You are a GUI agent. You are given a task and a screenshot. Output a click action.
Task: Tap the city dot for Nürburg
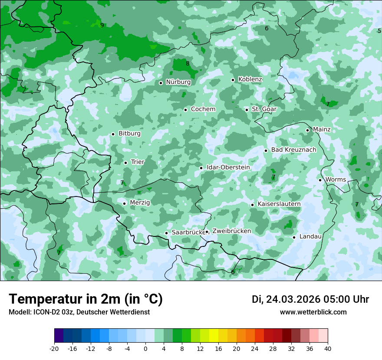pyautogui.click(x=161, y=83)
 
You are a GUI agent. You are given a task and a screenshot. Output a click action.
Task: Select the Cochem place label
pyautogui.click(x=203, y=109)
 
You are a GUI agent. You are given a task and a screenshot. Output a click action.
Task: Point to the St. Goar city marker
pyautogui.click(x=247, y=110)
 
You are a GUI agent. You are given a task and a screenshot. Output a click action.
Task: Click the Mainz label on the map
pyautogui.click(x=322, y=130)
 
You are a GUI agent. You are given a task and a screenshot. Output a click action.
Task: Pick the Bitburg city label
pyautogui.click(x=129, y=134)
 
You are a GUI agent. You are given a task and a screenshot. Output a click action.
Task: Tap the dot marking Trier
pyautogui.click(x=125, y=163)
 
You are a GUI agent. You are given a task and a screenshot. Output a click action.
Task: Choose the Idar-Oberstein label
pyautogui.click(x=228, y=167)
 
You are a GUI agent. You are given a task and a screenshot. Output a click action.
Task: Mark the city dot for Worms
pyautogui.click(x=320, y=180)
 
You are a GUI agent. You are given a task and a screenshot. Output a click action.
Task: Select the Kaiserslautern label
pyautogui.click(x=279, y=204)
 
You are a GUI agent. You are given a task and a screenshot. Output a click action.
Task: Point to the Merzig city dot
pyautogui.click(x=124, y=203)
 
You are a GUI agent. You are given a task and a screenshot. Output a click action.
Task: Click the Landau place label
pyautogui.click(x=310, y=237)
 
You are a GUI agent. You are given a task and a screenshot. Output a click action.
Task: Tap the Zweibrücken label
pyautogui.click(x=231, y=231)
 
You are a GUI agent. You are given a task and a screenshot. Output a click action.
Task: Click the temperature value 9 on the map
pyautogui.click(x=102, y=25)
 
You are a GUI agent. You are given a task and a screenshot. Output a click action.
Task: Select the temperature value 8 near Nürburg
pyautogui.click(x=188, y=64)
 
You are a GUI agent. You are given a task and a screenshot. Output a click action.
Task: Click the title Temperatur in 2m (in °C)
pyautogui.click(x=86, y=299)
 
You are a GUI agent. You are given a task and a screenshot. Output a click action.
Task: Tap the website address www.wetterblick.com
pyautogui.click(x=313, y=312)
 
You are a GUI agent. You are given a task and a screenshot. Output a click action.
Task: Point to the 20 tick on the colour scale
pyautogui.click(x=237, y=348)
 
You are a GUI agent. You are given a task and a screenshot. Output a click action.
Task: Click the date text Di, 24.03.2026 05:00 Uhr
pyautogui.click(x=310, y=299)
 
